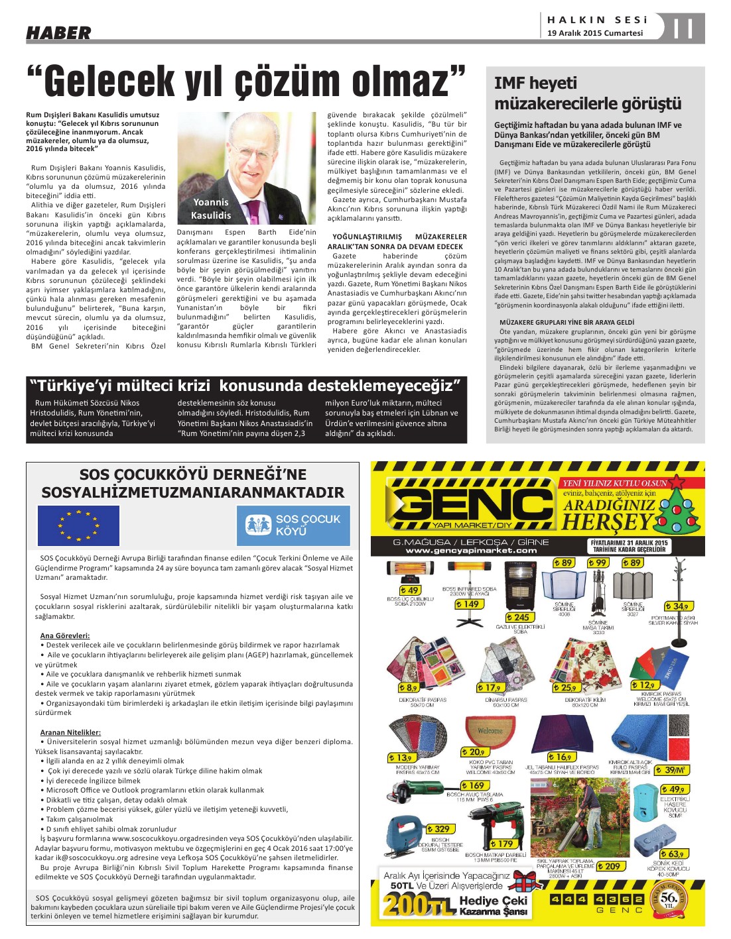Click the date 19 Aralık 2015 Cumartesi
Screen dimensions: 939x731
pyautogui.click(x=595, y=33)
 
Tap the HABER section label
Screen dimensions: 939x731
pyautogui.click(x=58, y=32)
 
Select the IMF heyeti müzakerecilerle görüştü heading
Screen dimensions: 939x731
pyautogui.click(x=588, y=93)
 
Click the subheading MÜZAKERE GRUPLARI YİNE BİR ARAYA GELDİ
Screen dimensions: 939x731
pyautogui.click(x=566, y=322)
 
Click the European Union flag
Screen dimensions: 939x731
pyautogui.click(x=78, y=525)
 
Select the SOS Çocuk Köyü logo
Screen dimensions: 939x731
pyautogui.click(x=293, y=525)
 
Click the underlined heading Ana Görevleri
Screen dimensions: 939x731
pyautogui.click(x=64, y=635)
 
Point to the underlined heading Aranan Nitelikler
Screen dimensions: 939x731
pyautogui.click(x=70, y=732)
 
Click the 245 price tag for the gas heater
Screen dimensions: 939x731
pyautogui.click(x=521, y=617)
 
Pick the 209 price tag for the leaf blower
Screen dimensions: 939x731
pyautogui.click(x=610, y=866)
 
